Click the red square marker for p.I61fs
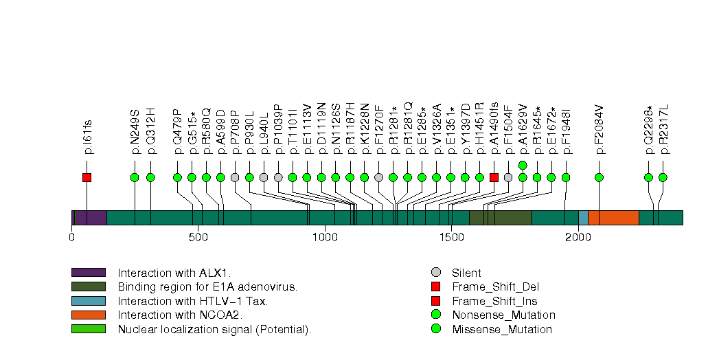point(87,177)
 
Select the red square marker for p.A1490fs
point(494,177)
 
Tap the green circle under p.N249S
point(135,177)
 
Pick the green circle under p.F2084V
point(599,177)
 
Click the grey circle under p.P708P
point(235,177)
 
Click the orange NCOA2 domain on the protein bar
point(613,217)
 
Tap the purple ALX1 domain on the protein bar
point(91,217)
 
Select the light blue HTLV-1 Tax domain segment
point(583,217)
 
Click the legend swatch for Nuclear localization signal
point(88,329)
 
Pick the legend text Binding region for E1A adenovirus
point(207,286)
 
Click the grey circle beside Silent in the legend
point(435,273)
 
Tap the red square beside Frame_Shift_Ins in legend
point(435,301)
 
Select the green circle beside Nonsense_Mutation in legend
point(435,315)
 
